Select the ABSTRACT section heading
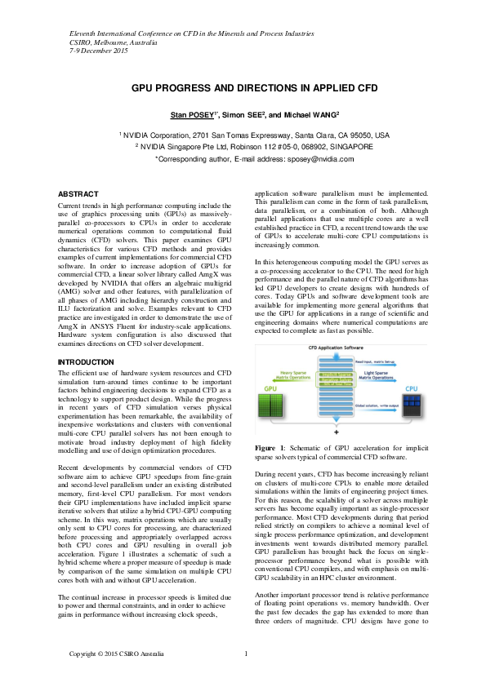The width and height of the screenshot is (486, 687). click(x=78, y=194)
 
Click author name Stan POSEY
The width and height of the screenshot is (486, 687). click(x=189, y=115)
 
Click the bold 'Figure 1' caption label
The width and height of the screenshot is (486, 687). click(x=270, y=448)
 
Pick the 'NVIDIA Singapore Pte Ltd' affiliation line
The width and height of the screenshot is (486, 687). click(x=254, y=148)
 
